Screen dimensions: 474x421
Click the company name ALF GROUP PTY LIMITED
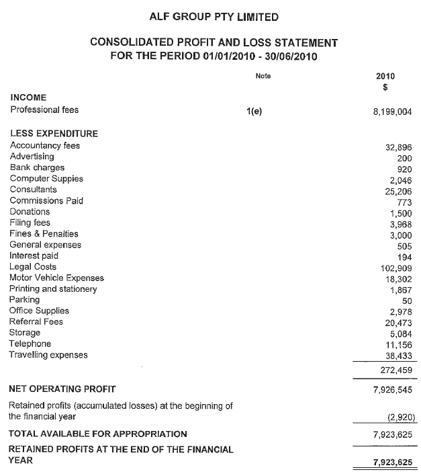(x=213, y=16)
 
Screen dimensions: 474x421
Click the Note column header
(x=263, y=76)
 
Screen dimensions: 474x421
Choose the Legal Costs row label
(x=33, y=267)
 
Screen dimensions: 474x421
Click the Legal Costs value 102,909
(x=396, y=268)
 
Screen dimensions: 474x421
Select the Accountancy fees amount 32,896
(x=399, y=147)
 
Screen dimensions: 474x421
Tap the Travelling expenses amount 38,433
(x=399, y=355)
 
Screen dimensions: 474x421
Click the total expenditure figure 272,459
(x=396, y=370)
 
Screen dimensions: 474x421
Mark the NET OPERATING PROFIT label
(x=62, y=389)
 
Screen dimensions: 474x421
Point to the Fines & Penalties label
(x=44, y=234)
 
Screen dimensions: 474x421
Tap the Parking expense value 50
(x=406, y=301)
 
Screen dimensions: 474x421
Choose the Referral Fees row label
(x=36, y=322)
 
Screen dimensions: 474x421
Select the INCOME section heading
(x=28, y=97)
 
